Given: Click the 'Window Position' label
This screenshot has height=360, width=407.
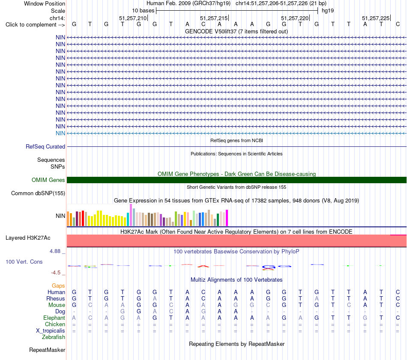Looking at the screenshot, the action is click(45, 3).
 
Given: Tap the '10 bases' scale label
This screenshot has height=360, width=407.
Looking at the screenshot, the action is click(143, 11).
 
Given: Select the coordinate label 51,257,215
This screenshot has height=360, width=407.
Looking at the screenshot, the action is click(214, 18).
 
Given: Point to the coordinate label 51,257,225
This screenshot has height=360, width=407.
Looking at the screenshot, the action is click(376, 18).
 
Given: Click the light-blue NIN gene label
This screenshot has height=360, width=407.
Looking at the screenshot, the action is click(60, 133).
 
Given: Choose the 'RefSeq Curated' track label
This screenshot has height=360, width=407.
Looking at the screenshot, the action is click(45, 146).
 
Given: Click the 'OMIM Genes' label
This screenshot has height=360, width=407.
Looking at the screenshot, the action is click(48, 180).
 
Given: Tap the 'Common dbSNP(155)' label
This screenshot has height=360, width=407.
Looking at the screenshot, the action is click(38, 193).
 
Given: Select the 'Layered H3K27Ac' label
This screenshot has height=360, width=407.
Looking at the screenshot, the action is click(28, 238).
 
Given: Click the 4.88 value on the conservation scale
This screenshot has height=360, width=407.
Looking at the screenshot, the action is click(55, 251).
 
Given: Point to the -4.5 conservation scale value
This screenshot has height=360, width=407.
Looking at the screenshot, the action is click(56, 272).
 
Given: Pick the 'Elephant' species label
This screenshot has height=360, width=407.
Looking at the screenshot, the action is click(54, 318).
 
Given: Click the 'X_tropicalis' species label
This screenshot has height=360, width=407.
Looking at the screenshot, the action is click(51, 331).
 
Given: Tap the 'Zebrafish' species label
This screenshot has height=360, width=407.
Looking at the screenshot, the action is click(54, 337).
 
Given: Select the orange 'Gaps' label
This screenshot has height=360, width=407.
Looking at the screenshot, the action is click(58, 286).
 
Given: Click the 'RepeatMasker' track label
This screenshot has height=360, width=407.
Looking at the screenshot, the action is click(47, 350).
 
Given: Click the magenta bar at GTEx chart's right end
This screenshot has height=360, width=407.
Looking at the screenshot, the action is click(227, 218).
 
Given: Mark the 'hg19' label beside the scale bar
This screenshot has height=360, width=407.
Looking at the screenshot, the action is click(328, 11).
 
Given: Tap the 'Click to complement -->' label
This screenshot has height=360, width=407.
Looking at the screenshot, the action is click(35, 25).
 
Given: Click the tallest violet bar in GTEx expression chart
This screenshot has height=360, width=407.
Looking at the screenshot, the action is click(131, 215).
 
